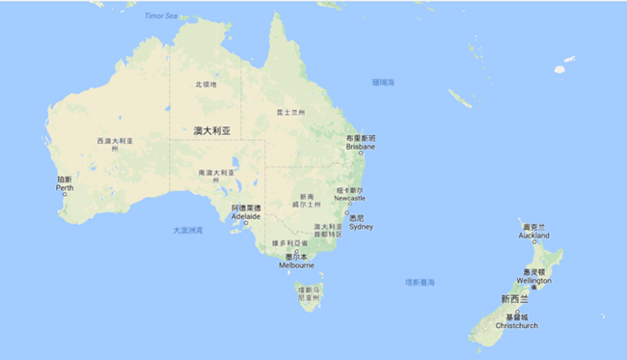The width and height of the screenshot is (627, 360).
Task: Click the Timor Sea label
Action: (160, 16)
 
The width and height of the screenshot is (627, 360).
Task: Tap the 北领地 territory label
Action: (206, 85)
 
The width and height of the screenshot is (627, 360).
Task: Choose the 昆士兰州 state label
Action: (290, 112)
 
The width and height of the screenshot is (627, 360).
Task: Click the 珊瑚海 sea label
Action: (383, 83)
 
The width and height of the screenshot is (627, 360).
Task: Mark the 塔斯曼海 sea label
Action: (420, 282)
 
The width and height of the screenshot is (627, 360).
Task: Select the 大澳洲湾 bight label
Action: (188, 230)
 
